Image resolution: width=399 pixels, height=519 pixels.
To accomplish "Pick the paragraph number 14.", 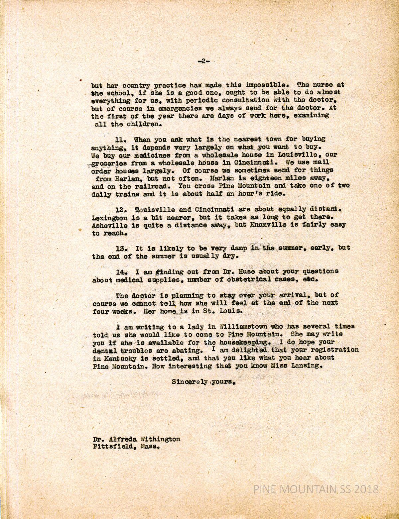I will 120,271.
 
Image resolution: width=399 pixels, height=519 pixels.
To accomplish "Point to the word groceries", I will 109,163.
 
